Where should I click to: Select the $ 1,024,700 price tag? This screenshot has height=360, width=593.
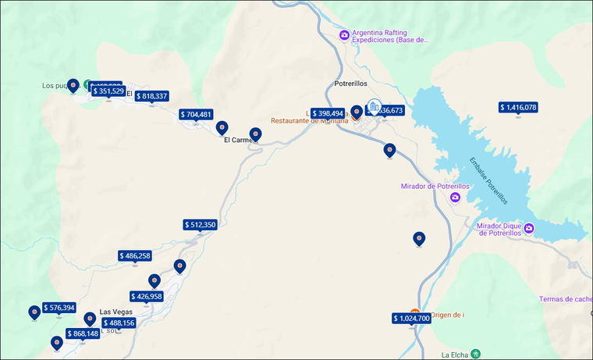point(411,318)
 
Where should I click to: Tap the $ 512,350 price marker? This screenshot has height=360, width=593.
point(200,225)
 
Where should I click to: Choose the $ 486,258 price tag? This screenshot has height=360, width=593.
point(135,255)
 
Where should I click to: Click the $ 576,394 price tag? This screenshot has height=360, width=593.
point(59,308)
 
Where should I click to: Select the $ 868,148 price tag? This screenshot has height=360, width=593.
point(83,333)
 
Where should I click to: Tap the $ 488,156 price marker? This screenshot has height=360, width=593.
point(119,323)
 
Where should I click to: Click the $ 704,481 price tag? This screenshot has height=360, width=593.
point(195,114)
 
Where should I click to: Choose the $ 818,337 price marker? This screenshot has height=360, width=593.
point(151,96)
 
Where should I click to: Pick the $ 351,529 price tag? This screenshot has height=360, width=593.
point(108,91)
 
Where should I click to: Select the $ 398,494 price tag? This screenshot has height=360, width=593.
point(328,113)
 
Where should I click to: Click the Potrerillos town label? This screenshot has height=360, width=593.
point(356,83)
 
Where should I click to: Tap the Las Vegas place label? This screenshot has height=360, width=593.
point(116,312)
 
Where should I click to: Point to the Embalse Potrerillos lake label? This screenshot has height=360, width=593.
point(488,180)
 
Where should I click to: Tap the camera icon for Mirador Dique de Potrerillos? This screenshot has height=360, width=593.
point(529,228)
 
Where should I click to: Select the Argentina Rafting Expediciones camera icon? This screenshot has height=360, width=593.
point(344,35)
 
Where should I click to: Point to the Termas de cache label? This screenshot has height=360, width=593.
point(565,299)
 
